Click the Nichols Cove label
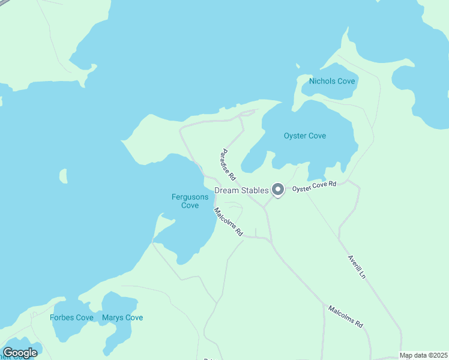(x=332, y=81)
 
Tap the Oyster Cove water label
(x=305, y=136)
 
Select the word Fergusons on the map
(x=190, y=197)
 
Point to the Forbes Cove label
(x=71, y=317)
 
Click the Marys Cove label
(x=122, y=317)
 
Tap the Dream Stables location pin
(x=277, y=190)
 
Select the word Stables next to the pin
(x=255, y=191)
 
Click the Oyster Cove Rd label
(x=315, y=187)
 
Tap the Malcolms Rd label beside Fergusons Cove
(x=228, y=221)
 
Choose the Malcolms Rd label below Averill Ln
(x=345, y=316)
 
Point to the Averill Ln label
(x=357, y=267)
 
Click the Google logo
(x=20, y=353)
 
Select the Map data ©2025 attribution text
(x=423, y=355)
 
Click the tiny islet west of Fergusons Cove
(x=63, y=176)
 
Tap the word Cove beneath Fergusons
(x=190, y=205)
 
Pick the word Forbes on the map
(x=63, y=317)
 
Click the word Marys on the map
(x=113, y=317)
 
